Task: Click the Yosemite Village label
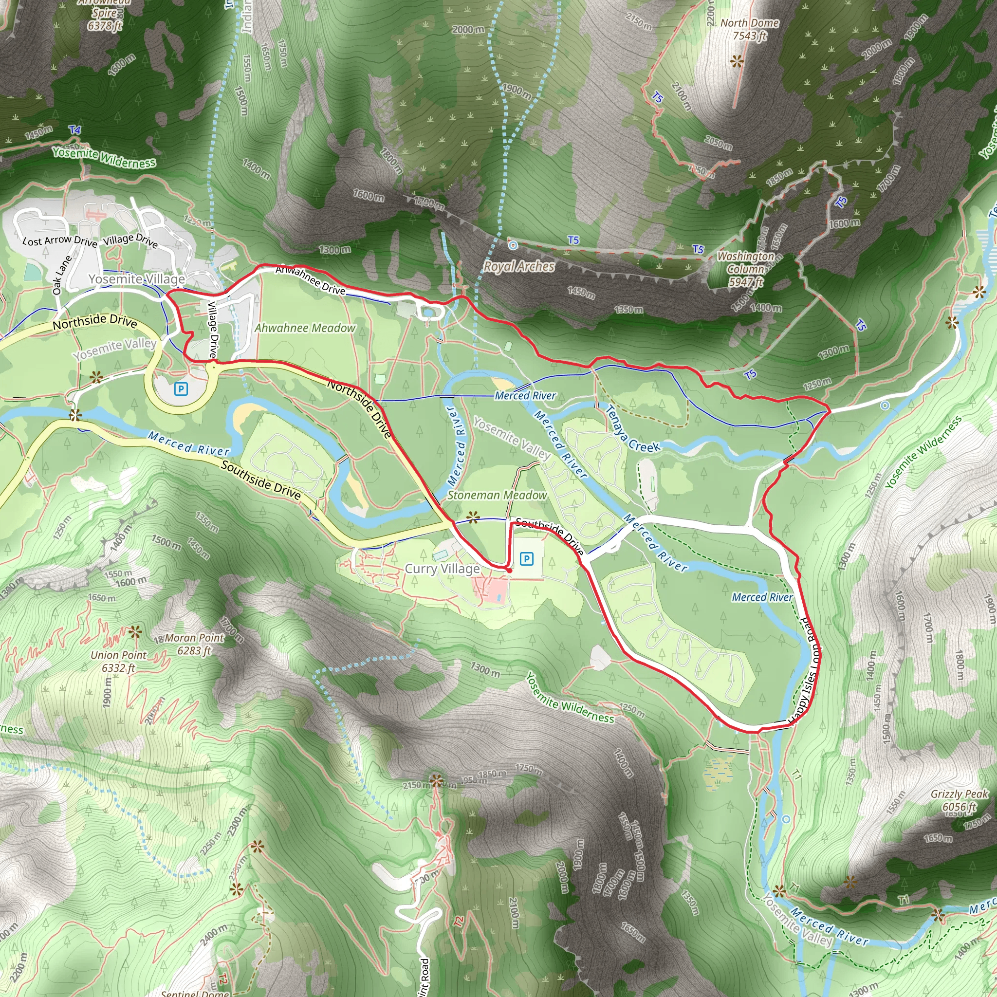coord(137,279)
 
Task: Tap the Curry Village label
coord(442,569)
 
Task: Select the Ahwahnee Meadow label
coord(305,328)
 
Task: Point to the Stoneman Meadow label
coord(497,495)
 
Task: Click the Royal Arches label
coord(518,266)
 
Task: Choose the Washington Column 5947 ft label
coord(746,269)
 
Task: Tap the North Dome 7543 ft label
coord(750,29)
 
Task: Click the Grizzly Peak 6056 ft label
coord(959,800)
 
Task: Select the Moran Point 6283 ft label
coord(195,644)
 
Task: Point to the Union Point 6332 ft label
coord(119,661)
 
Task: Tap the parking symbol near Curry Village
coord(526,558)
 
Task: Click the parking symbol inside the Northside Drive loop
coord(181,388)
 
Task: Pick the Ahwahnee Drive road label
coord(310,281)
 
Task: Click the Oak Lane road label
coord(62,275)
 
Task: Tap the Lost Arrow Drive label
coord(60,241)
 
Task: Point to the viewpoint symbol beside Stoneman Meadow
coord(473,517)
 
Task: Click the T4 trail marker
coord(75,130)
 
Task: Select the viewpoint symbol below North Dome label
coord(737,61)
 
